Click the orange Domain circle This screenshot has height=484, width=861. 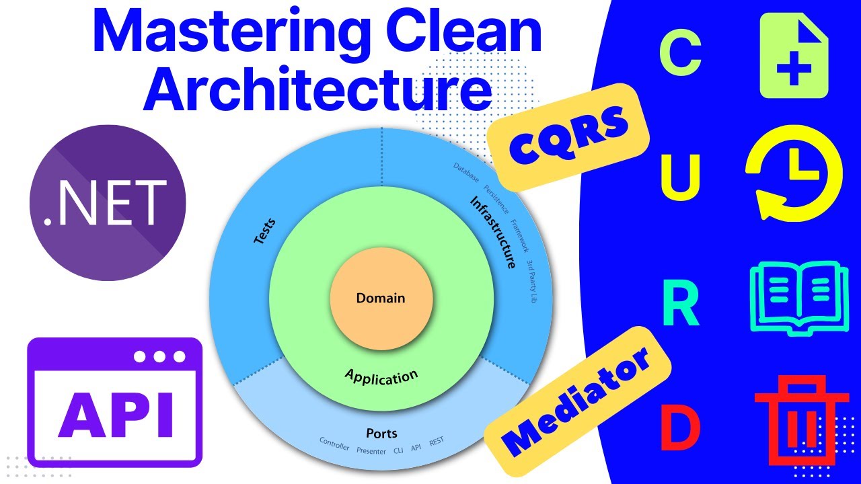[381, 298]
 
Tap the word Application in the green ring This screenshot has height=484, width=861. [381, 376]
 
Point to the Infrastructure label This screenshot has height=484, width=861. [497, 232]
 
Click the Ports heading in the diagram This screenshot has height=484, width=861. [381, 434]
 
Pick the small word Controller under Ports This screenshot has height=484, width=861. [334, 444]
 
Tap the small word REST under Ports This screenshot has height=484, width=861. [436, 442]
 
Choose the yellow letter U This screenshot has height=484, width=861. [681, 178]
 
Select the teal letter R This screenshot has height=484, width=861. [681, 304]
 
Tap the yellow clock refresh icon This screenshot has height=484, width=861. [794, 179]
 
